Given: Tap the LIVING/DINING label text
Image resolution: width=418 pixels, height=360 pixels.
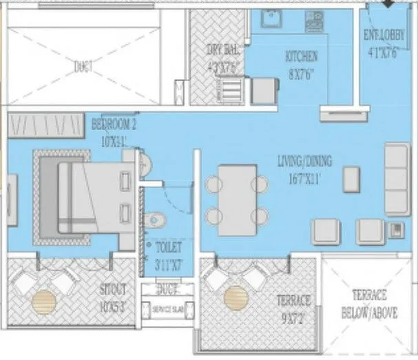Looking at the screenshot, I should (x=304, y=162).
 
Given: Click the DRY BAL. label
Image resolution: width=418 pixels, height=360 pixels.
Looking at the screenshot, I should (x=222, y=49).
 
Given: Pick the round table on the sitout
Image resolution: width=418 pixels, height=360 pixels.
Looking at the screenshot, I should (x=45, y=300).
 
